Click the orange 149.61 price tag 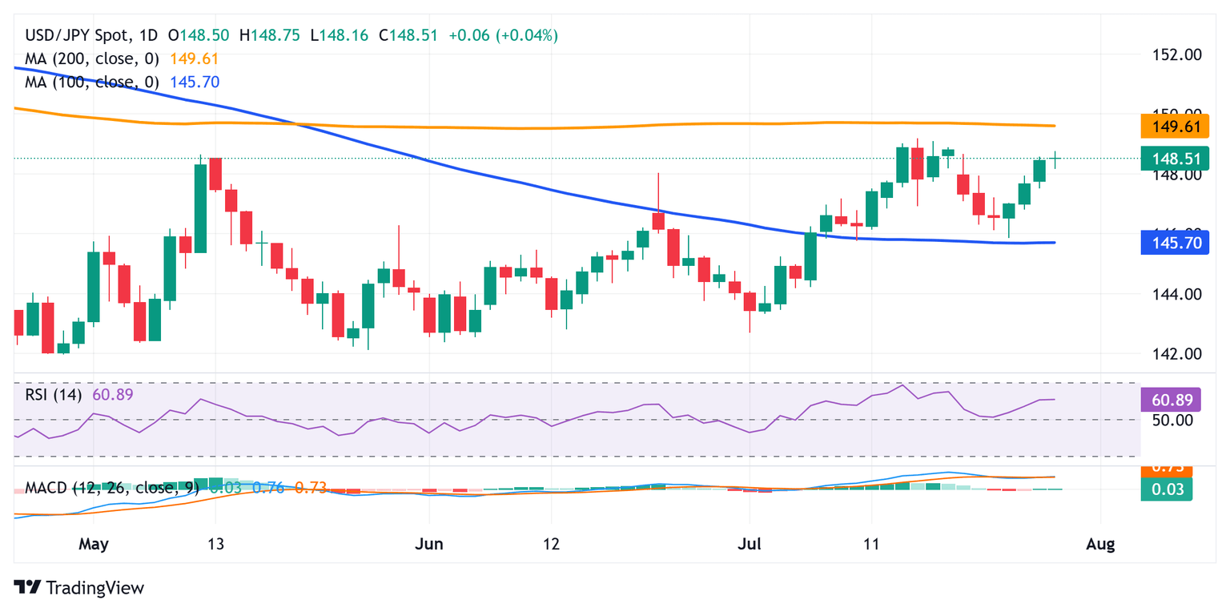[x=1175, y=126]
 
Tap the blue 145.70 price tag [x=1175, y=242]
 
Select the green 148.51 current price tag [x=1175, y=159]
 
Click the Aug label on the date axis [x=1100, y=545]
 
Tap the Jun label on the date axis [x=429, y=545]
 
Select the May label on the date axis [x=94, y=545]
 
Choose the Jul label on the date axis [x=750, y=545]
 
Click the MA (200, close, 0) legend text [x=93, y=58]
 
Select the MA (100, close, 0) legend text [x=93, y=82]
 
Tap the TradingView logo [x=79, y=587]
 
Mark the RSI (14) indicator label [x=54, y=394]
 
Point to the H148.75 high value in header [x=273, y=35]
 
